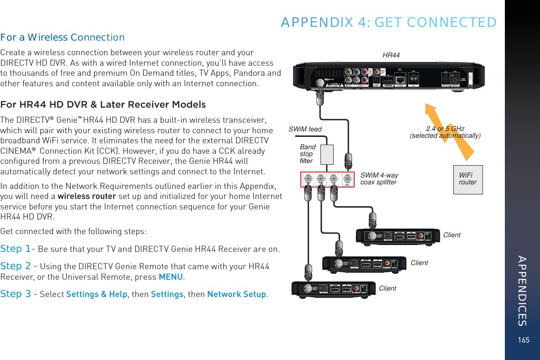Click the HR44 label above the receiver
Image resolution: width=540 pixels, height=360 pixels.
pos(391,55)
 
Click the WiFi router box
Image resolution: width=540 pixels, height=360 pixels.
pos(468,179)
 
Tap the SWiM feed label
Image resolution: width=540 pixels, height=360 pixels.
pos(305,129)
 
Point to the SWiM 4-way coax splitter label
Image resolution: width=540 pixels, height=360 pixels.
pos(379,179)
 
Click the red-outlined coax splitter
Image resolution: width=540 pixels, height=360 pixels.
pos(327,179)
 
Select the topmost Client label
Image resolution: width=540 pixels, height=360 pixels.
pos(452,235)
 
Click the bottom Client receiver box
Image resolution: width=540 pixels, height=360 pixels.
pos(334,288)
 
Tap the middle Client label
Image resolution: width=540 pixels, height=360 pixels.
pos(419,263)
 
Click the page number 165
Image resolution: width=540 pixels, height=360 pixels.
pos(524,340)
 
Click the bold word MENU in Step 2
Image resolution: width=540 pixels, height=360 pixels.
pos(171,277)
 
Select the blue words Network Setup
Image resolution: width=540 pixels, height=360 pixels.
pos(236,294)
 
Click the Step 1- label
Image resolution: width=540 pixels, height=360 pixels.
pos(18,249)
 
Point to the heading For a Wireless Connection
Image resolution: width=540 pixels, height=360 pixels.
pos(63,37)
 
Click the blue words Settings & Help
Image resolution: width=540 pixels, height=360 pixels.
pos(97,294)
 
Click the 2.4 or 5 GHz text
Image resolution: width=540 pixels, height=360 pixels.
pos(445,129)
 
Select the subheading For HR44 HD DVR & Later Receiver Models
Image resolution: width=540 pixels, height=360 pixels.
pos(103,104)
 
